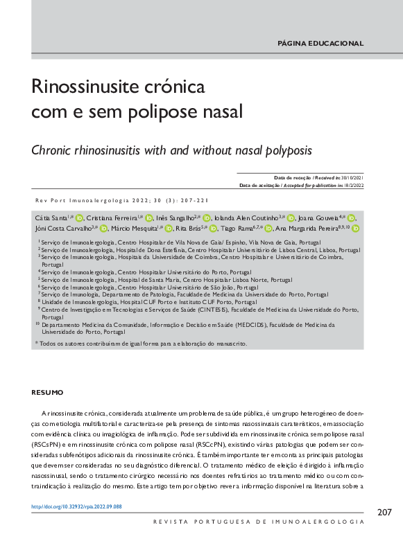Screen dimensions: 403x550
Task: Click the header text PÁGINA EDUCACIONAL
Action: (320, 43)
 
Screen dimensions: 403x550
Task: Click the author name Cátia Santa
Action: (51, 218)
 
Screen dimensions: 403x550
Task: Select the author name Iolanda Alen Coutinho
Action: (246, 218)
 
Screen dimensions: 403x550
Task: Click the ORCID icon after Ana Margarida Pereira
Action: (356, 228)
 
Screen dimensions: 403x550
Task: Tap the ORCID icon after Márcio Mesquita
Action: (169, 228)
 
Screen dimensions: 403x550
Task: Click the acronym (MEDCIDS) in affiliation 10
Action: (263, 323)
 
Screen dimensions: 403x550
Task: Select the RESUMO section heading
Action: (47, 393)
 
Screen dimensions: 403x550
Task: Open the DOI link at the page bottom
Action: (77, 507)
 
